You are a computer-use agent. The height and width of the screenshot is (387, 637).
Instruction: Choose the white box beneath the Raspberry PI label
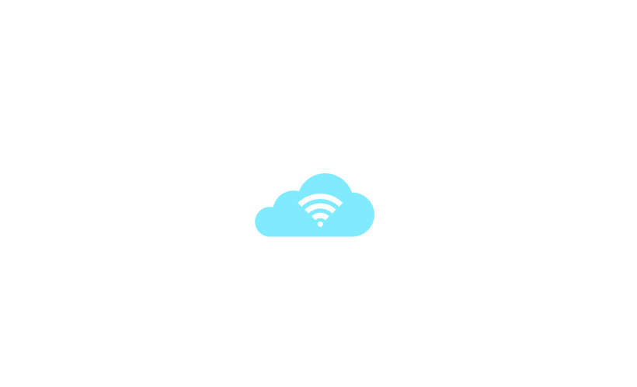(x=242, y=101)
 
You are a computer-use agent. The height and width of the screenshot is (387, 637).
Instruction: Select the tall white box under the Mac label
(x=606, y=101)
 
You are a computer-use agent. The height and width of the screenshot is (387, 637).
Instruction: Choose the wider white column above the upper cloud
(x=342, y=136)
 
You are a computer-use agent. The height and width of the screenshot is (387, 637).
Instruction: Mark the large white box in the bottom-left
(x=128, y=303)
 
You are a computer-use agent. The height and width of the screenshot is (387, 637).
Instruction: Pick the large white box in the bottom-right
(x=498, y=303)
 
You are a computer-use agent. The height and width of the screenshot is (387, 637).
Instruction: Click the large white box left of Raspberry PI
(x=92, y=88)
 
